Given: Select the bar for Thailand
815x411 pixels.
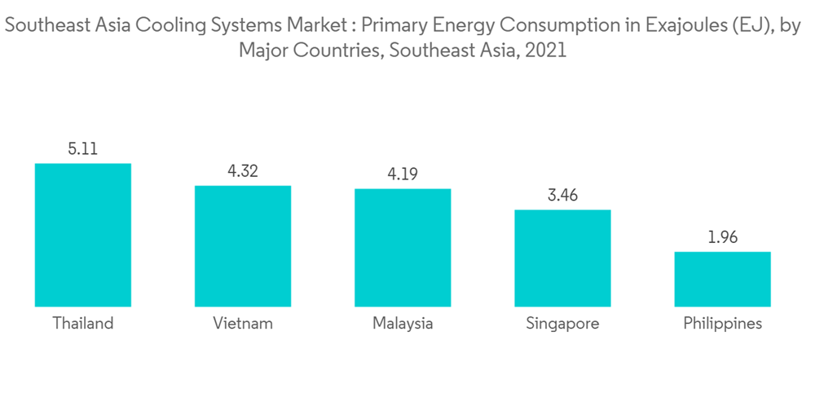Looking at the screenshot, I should click(x=82, y=235).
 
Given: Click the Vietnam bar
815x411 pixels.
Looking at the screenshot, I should click(x=242, y=245).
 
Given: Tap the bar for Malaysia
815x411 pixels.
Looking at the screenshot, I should click(x=402, y=247).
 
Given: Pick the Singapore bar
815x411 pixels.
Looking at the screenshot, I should click(x=562, y=258).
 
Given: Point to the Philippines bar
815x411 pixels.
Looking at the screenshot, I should click(x=722, y=279).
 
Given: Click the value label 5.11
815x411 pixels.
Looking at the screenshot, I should click(x=82, y=148).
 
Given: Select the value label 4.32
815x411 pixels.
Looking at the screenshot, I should click(x=242, y=171).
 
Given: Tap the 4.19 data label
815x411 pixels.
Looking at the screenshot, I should click(x=402, y=175).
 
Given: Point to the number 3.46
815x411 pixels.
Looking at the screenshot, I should click(x=562, y=196).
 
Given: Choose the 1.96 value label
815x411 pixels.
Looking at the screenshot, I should click(x=722, y=237).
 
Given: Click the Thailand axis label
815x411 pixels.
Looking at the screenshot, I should click(x=82, y=323).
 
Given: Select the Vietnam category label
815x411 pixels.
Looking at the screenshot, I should click(x=242, y=323).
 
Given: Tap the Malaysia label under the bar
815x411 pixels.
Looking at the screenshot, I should click(x=402, y=323).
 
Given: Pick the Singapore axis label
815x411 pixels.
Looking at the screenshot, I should click(x=562, y=323).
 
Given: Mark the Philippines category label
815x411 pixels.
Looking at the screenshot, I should click(x=722, y=323).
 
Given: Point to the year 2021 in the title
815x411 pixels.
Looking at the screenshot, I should click(x=545, y=51).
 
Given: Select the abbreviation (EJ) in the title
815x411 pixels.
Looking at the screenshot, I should click(x=738, y=26).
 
